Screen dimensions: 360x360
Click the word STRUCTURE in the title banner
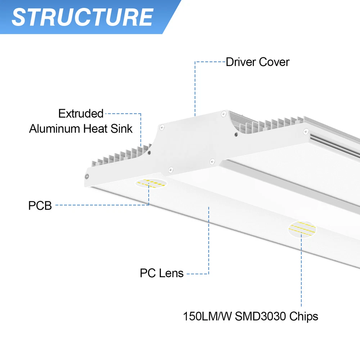click(82, 17)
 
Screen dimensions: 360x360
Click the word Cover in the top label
click(273, 62)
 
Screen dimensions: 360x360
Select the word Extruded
click(81, 113)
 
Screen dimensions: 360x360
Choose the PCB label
click(40, 206)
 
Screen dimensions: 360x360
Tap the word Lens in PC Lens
click(171, 273)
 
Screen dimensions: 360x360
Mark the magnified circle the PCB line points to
click(150, 183)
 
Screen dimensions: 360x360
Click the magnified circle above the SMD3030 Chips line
click(302, 228)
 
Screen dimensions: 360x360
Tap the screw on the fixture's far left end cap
click(87, 176)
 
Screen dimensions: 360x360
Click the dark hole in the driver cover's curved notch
click(236, 134)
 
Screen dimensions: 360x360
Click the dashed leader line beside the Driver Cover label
click(210, 62)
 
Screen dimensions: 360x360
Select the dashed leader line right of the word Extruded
click(122, 114)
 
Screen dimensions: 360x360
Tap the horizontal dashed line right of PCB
click(101, 205)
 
